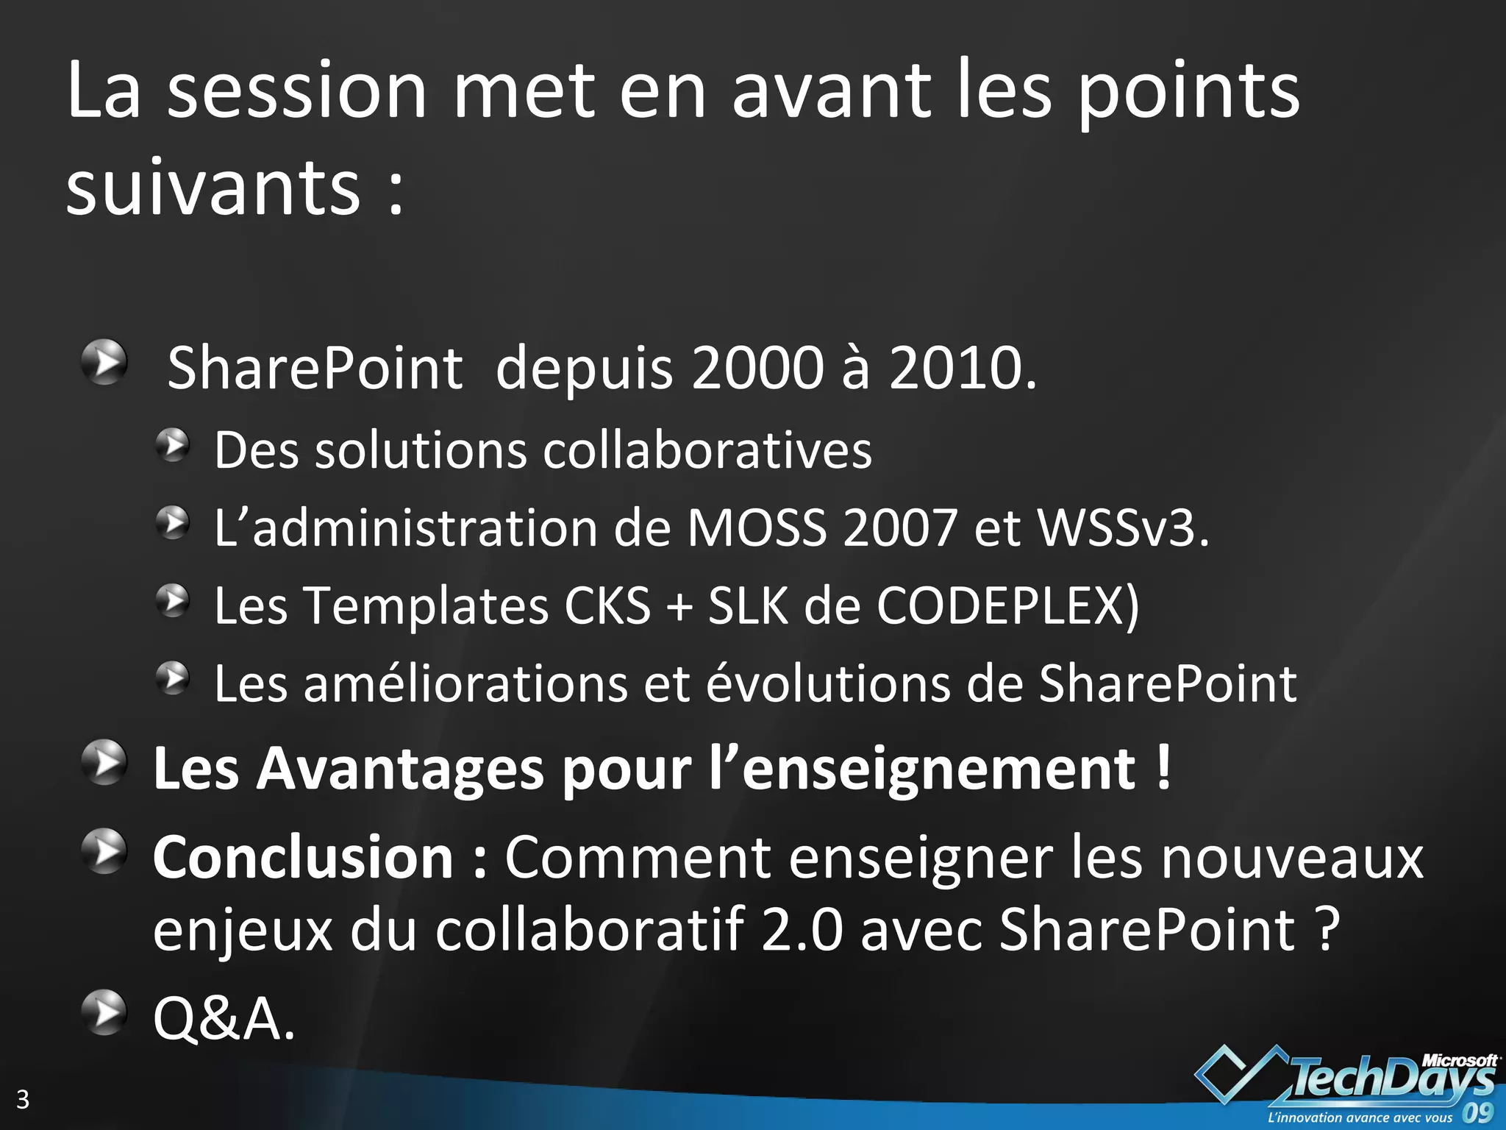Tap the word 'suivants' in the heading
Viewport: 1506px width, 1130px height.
[213, 188]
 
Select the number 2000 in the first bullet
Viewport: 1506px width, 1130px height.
[757, 368]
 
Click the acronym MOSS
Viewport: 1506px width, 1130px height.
[757, 528]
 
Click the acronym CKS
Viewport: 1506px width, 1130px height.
[607, 606]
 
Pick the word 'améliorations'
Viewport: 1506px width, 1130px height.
[465, 684]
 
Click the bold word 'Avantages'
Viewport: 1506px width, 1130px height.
[402, 770]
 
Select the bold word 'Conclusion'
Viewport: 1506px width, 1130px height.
[303, 858]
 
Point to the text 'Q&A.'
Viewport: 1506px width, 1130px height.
[224, 1020]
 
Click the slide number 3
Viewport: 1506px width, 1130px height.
[23, 1099]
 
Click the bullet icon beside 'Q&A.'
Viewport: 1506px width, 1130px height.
[104, 1013]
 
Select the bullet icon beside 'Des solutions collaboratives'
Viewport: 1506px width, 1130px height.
[173, 446]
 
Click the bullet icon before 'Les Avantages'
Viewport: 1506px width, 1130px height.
[104, 763]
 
